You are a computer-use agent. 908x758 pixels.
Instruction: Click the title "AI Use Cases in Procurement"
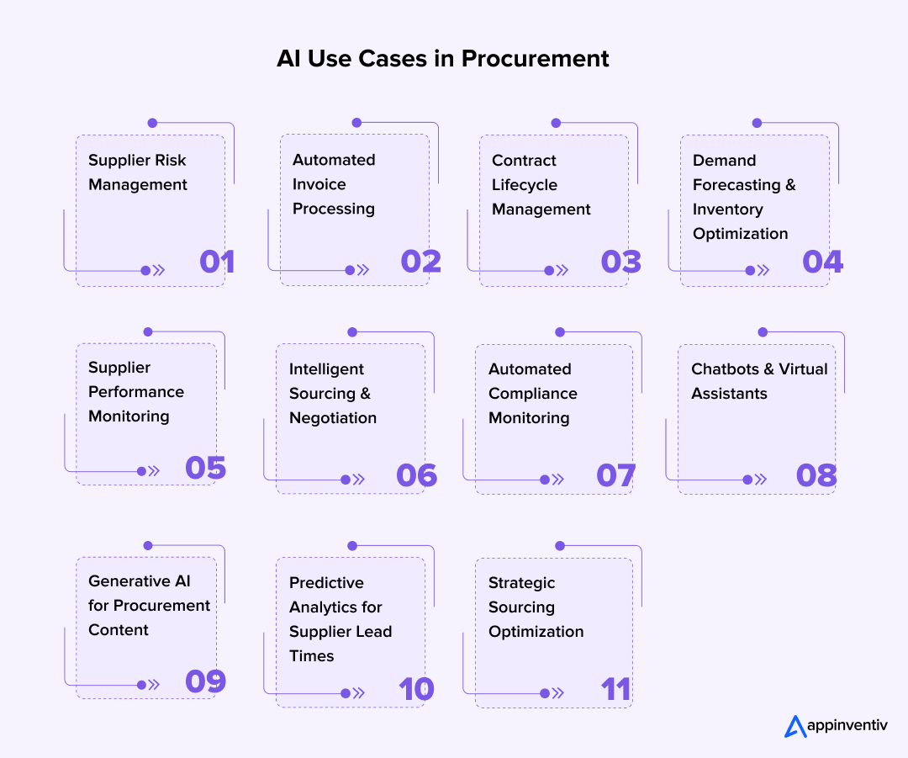click(x=443, y=59)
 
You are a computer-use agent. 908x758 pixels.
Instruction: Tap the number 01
click(x=217, y=262)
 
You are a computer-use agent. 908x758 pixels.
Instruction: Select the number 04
click(x=822, y=262)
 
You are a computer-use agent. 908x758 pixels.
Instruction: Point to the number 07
click(x=615, y=475)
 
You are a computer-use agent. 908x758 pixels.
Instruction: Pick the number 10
click(x=416, y=689)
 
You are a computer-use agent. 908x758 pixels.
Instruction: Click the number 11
click(x=615, y=689)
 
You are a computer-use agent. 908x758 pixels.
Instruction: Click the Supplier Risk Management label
click(x=138, y=172)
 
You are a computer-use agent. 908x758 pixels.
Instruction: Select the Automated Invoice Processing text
click(x=334, y=184)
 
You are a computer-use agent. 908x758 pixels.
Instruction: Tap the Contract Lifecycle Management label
click(x=541, y=185)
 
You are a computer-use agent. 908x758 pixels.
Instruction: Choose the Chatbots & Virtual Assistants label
click(x=759, y=381)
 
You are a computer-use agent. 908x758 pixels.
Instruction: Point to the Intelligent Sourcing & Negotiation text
click(x=333, y=393)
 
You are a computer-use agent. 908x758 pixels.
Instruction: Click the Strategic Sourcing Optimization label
click(x=536, y=607)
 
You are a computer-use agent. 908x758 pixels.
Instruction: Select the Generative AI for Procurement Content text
click(x=149, y=606)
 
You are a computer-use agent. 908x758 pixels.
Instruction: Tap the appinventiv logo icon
click(x=794, y=726)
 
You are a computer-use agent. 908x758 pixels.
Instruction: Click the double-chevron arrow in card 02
click(x=363, y=270)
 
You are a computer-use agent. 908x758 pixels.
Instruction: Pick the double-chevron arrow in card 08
click(x=761, y=480)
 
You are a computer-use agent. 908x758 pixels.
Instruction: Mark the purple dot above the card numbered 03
click(x=556, y=123)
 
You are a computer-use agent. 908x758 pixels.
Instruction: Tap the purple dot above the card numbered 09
click(x=148, y=545)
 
